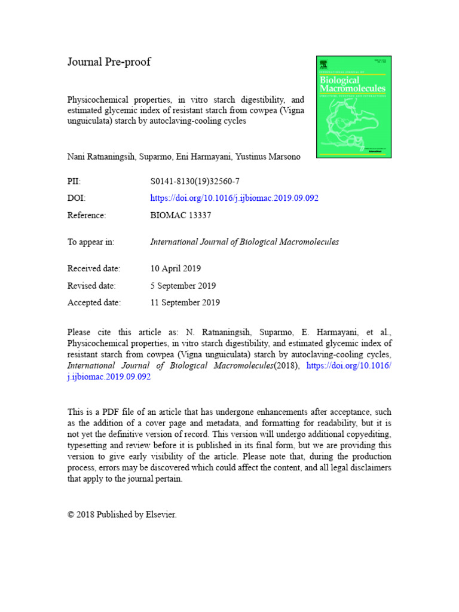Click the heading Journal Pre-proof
click(109, 62)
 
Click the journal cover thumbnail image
click(353, 107)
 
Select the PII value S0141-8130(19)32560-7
click(195, 181)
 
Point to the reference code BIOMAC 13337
click(180, 215)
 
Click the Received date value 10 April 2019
click(176, 268)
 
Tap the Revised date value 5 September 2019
click(183, 286)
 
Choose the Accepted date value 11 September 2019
click(185, 302)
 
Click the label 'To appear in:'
click(91, 242)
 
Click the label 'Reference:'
click(87, 215)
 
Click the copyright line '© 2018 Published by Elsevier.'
click(122, 514)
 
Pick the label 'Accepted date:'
click(94, 302)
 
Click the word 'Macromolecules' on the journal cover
click(353, 88)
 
